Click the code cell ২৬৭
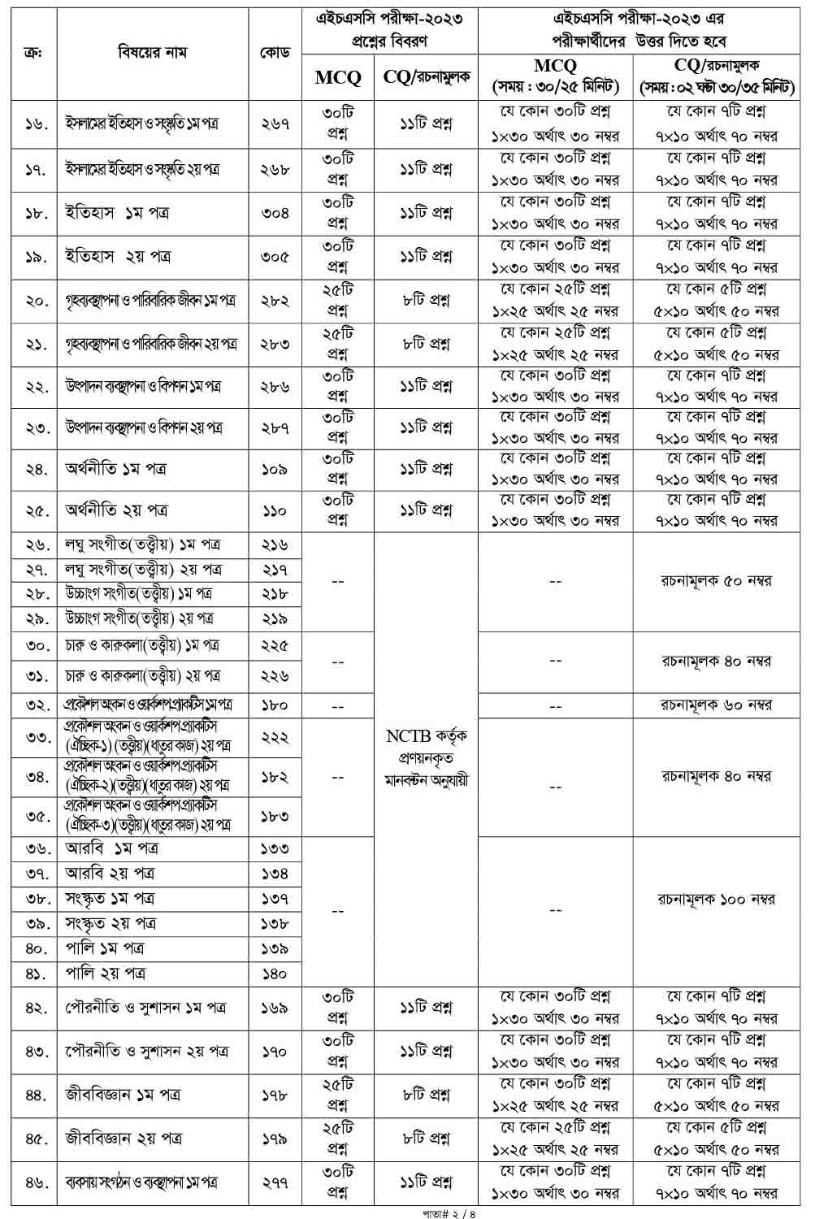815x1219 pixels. tap(275, 124)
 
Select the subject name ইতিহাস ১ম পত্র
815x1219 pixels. tap(117, 214)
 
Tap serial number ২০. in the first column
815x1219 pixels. tap(36, 301)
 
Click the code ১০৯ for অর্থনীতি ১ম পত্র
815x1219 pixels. tap(275, 470)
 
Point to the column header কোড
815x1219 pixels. tap(275, 54)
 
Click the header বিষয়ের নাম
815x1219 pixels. tap(152, 54)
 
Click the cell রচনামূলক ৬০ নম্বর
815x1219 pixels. tap(716, 705)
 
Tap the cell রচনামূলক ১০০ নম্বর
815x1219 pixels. tap(716, 900)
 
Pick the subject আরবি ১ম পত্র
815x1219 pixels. tap(112, 848)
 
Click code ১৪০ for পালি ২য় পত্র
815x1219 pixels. tap(275, 973)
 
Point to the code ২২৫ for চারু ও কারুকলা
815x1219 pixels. tap(275, 647)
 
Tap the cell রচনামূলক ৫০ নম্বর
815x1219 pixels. tap(716, 581)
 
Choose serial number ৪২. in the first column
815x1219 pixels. tap(36, 1009)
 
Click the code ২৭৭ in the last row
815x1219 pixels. tap(275, 1182)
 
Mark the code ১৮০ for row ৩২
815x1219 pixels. tap(275, 705)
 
